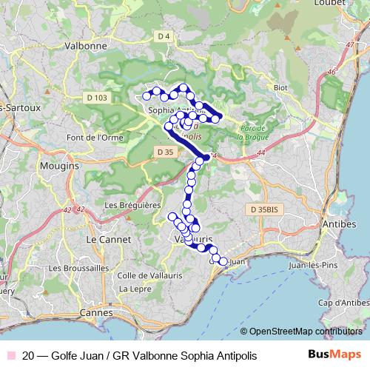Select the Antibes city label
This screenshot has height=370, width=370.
click(340, 223)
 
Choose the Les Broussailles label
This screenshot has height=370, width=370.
click(75, 267)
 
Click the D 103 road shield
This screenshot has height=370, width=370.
click(97, 98)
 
